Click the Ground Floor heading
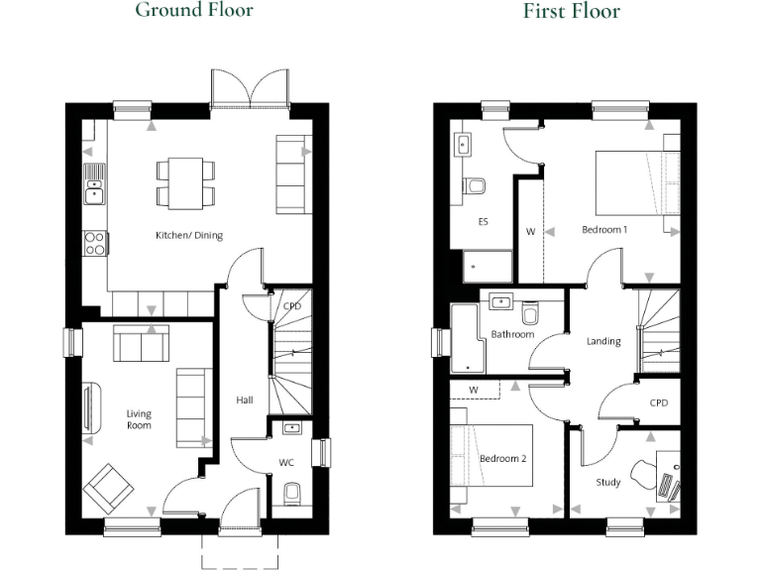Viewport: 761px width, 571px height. pyautogui.click(x=193, y=11)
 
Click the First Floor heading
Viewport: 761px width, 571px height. pyautogui.click(x=572, y=12)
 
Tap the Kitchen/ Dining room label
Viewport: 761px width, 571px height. pyautogui.click(x=189, y=236)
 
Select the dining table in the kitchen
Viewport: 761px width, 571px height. pyautogui.click(x=184, y=183)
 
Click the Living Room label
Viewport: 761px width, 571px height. pyautogui.click(x=139, y=419)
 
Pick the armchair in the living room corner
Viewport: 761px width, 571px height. pyautogui.click(x=108, y=487)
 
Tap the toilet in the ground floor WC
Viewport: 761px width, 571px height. pyautogui.click(x=291, y=493)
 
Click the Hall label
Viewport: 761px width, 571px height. pyautogui.click(x=244, y=400)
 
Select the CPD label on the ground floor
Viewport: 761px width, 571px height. pyautogui.click(x=291, y=307)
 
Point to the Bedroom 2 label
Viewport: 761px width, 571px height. pyautogui.click(x=501, y=460)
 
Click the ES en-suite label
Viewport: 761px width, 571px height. pyautogui.click(x=484, y=222)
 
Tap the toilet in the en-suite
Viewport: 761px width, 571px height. pyautogui.click(x=477, y=185)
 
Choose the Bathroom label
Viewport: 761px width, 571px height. pyautogui.click(x=512, y=335)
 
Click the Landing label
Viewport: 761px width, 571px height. pyautogui.click(x=603, y=342)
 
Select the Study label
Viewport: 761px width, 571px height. pyautogui.click(x=608, y=483)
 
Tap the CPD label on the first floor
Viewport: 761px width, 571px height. pyautogui.click(x=659, y=404)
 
